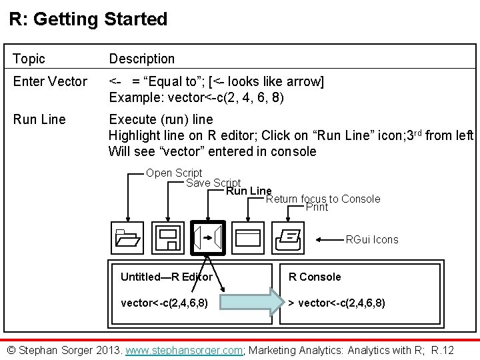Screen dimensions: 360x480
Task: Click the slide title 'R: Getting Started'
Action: [88, 19]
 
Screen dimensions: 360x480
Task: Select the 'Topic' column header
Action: [29, 59]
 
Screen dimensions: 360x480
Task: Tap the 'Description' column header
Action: [141, 59]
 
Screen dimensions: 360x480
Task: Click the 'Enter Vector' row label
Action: [50, 82]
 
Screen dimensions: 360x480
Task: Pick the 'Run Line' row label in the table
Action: [39, 119]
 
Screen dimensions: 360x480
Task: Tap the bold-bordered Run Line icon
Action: [209, 237]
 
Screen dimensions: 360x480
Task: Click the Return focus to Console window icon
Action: [249, 237]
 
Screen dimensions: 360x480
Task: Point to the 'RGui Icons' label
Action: [372, 239]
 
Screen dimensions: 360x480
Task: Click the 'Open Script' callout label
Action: [174, 173]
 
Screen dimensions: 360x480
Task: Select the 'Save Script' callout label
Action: [213, 183]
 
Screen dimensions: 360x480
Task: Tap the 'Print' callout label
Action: [317, 207]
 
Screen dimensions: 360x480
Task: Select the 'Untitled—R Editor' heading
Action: [167, 277]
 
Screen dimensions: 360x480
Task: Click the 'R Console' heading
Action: [314, 277]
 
